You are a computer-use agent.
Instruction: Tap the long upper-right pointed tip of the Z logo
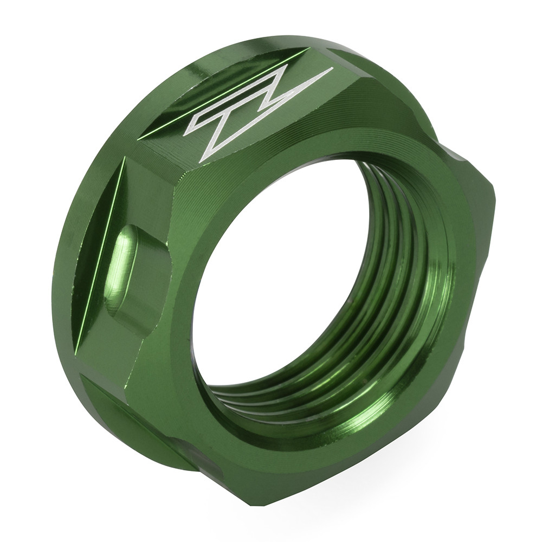click(331, 69)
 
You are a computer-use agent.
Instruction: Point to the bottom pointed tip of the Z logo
click(201, 162)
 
